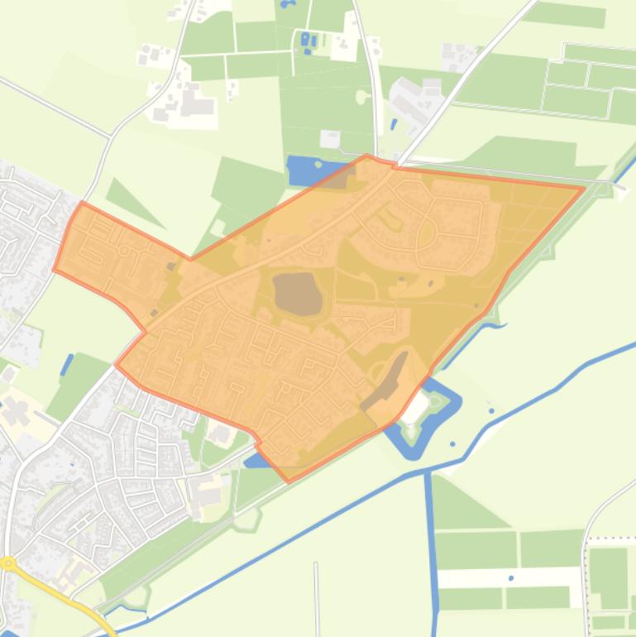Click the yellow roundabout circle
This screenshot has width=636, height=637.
(8, 564)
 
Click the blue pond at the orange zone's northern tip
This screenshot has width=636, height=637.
(310, 170)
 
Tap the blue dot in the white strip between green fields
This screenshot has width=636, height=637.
(511, 577)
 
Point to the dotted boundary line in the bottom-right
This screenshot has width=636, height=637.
(612, 539)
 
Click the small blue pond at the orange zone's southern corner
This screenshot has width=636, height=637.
(256, 458)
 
